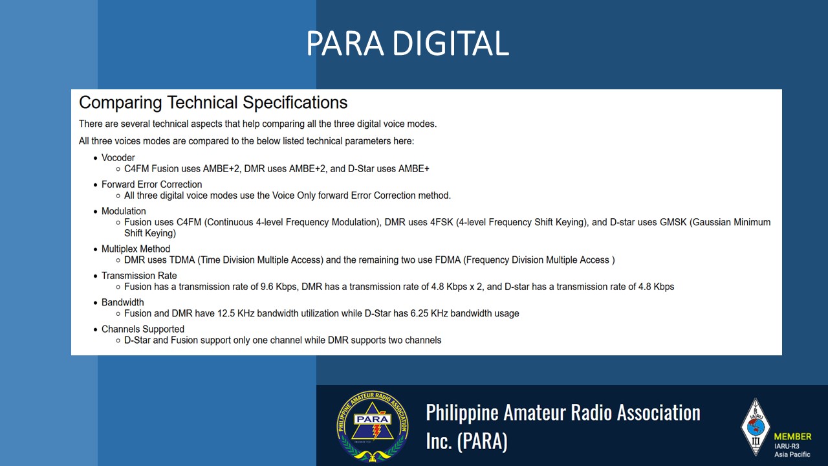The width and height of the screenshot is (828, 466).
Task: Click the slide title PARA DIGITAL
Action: coord(408,43)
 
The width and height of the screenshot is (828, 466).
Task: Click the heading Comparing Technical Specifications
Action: coord(213,102)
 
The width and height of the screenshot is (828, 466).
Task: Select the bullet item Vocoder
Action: coord(118,157)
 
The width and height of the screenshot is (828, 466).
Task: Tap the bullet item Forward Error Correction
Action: coord(151,184)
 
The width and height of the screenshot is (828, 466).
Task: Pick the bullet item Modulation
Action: coord(124,211)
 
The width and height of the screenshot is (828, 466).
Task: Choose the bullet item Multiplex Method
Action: coord(136,249)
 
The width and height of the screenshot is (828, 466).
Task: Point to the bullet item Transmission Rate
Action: coord(139,276)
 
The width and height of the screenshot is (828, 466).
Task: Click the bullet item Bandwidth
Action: coord(123,302)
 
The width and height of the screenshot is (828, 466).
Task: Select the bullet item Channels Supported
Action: coord(143,329)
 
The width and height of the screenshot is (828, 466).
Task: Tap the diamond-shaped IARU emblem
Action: coord(756,427)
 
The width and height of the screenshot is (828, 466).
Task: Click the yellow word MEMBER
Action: coord(793,436)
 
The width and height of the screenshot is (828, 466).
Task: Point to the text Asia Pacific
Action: coord(792,454)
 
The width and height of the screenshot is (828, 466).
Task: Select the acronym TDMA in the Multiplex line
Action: coord(182,260)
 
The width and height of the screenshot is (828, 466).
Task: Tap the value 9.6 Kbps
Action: coord(279,287)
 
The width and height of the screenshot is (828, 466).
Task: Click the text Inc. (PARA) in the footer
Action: coord(467,441)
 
